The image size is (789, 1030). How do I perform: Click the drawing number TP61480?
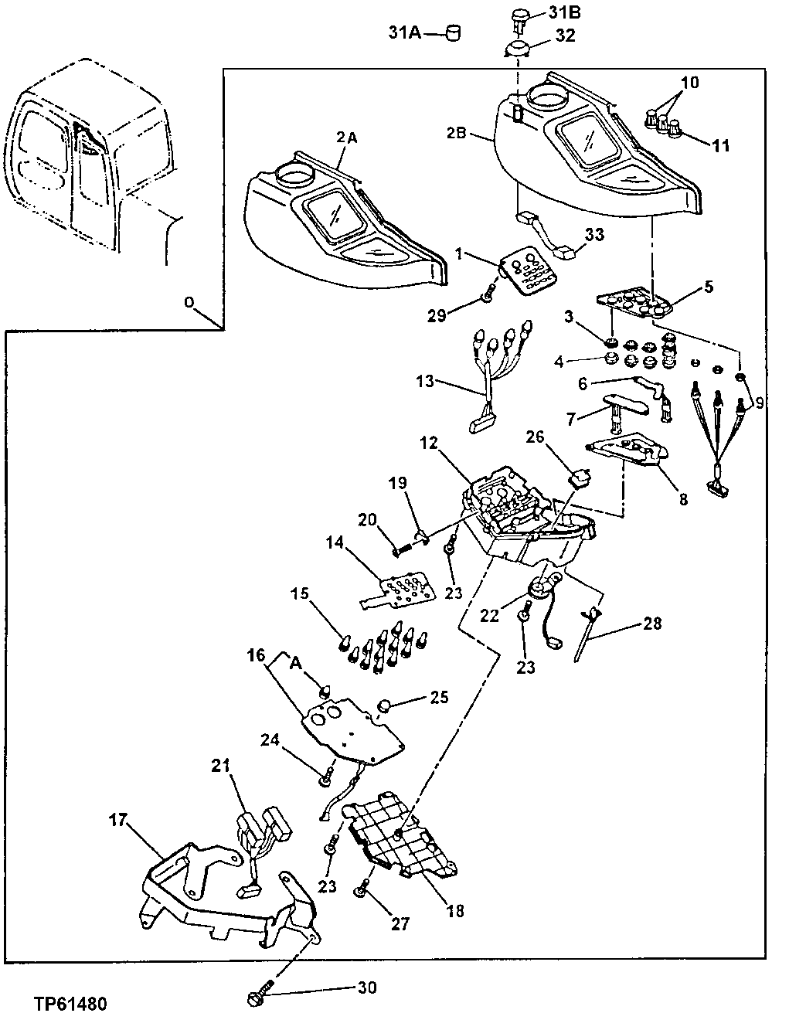click(70, 1004)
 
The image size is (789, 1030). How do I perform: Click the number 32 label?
click(566, 36)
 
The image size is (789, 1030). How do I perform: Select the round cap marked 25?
click(385, 706)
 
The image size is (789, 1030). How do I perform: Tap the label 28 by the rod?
click(652, 622)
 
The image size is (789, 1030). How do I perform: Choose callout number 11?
click(719, 144)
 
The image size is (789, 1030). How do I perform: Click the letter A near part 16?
click(295, 662)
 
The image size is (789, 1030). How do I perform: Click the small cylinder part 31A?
click(454, 33)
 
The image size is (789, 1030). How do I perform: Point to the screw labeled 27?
click(361, 892)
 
